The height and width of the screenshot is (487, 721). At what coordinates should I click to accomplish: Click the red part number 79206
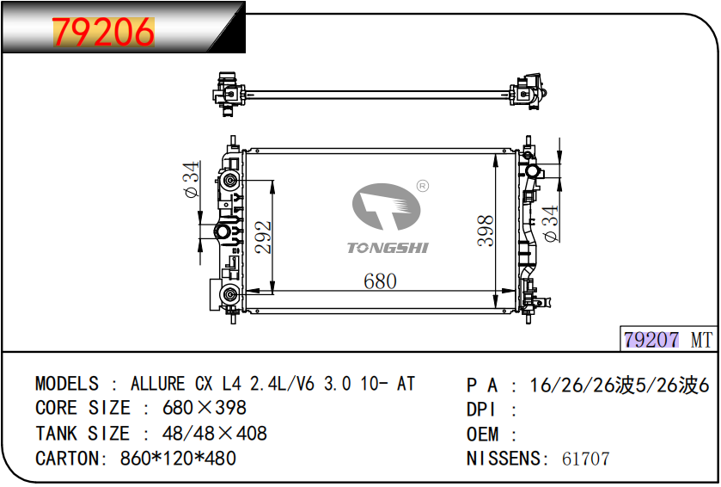click(x=103, y=32)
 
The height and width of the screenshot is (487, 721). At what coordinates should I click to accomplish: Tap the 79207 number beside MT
click(x=651, y=340)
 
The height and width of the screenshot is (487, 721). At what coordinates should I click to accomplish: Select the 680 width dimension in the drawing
click(x=380, y=281)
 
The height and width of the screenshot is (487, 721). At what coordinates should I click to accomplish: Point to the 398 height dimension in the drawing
click(x=486, y=231)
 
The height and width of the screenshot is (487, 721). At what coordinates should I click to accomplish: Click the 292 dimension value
click(x=264, y=237)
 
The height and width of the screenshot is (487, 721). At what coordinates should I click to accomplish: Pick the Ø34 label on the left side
click(x=192, y=180)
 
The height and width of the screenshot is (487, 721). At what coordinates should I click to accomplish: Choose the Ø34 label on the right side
click(x=550, y=224)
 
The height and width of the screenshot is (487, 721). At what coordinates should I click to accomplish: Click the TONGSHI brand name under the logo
click(x=388, y=248)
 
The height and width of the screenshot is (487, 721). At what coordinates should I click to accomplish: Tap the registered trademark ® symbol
click(x=423, y=186)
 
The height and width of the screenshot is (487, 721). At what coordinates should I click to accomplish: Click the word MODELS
click(x=67, y=384)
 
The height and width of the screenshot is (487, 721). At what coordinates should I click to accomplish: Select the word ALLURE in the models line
click(x=158, y=384)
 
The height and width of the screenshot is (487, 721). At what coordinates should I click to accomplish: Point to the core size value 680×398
click(x=205, y=408)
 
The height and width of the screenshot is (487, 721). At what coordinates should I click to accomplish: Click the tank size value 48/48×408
click(x=215, y=434)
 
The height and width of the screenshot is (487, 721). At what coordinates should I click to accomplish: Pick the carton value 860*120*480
click(x=178, y=459)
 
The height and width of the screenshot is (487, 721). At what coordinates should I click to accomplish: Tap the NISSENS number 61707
click(x=586, y=459)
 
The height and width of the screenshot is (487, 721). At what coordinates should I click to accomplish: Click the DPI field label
click(x=481, y=410)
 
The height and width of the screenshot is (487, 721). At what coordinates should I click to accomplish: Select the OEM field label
click(x=482, y=434)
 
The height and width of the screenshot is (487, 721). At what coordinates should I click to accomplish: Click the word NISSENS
click(x=504, y=459)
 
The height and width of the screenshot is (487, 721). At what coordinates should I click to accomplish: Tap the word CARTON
click(x=67, y=459)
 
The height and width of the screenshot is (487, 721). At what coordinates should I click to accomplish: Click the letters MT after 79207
click(x=701, y=340)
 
